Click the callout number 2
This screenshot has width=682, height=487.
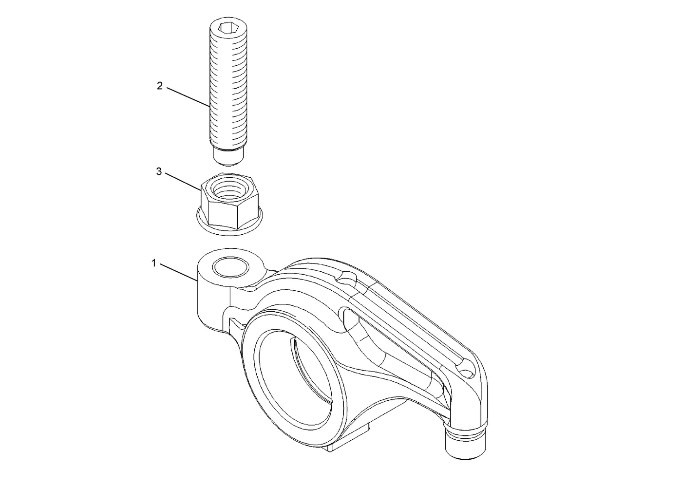(160, 86)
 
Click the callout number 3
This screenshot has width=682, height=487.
(159, 171)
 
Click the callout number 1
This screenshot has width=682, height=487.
(154, 263)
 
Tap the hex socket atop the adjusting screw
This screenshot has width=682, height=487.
(228, 28)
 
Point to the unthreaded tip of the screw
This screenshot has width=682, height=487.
(228, 157)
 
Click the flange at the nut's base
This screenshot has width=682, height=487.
(229, 223)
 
